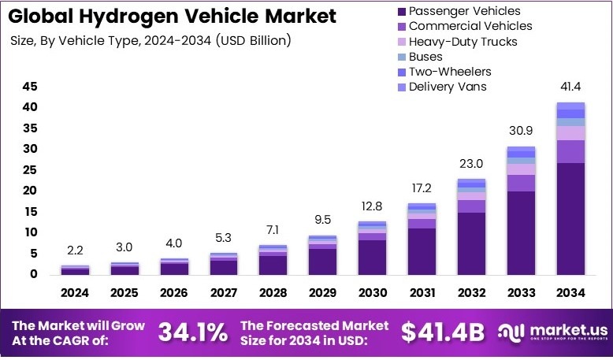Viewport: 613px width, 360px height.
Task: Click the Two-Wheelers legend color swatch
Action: click(403, 71)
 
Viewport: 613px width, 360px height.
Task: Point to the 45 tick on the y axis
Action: click(29, 86)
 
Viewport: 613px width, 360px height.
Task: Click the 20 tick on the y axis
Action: click(29, 191)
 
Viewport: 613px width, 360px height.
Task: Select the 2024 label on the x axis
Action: click(76, 293)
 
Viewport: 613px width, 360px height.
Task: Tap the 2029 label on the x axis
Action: click(323, 293)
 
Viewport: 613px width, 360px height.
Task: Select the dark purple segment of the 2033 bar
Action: click(521, 232)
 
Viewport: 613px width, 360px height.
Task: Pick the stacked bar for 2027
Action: click(224, 263)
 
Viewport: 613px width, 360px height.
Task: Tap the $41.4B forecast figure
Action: click(442, 332)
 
